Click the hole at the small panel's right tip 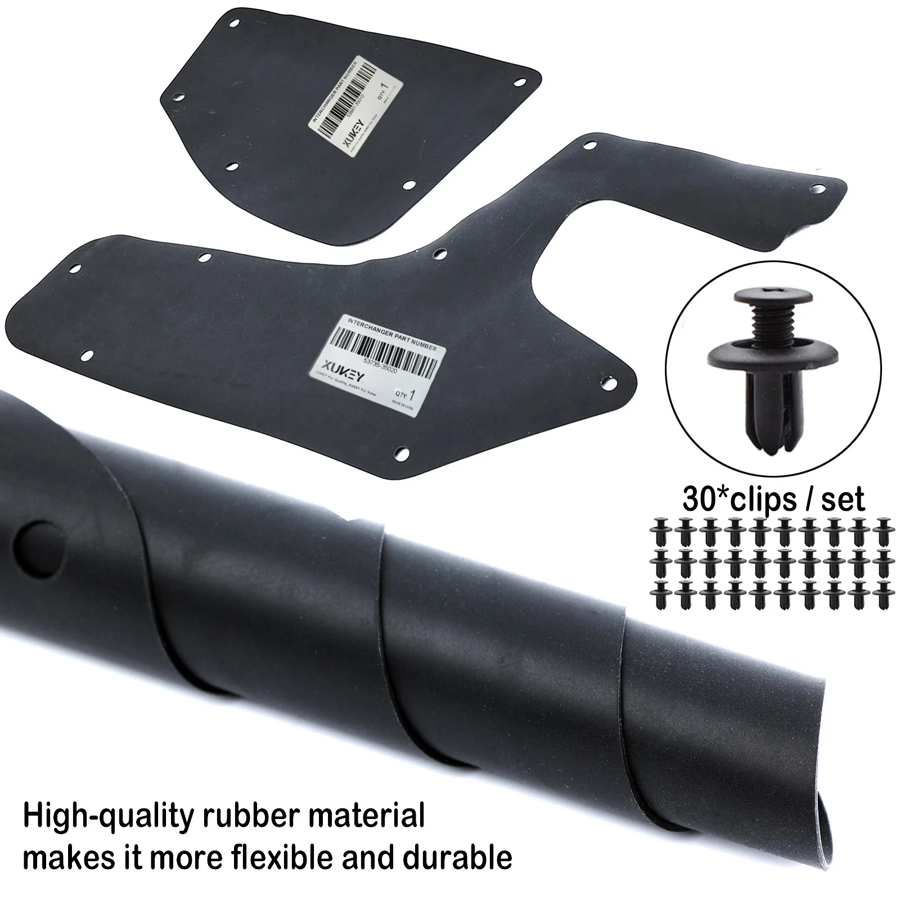pos(521,82)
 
